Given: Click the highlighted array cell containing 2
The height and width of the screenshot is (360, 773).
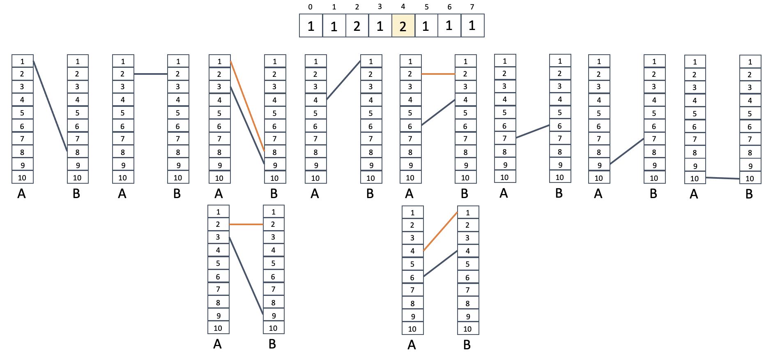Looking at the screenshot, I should pyautogui.click(x=403, y=26).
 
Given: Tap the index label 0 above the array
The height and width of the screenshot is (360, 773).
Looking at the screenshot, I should pyautogui.click(x=310, y=7).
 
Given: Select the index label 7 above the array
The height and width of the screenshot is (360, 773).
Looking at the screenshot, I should pyautogui.click(x=472, y=7).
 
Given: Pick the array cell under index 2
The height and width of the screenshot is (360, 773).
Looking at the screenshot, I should pyautogui.click(x=357, y=26).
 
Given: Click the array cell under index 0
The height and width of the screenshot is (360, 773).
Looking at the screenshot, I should pyautogui.click(x=311, y=26).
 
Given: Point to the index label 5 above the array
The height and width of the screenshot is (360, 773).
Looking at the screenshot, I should pyautogui.click(x=426, y=7).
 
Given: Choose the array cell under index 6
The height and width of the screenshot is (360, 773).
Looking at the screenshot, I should pyautogui.click(x=449, y=26).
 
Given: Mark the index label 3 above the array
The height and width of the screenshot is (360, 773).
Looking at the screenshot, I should pyautogui.click(x=380, y=7).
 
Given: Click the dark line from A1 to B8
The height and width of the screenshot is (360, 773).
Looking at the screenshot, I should pyautogui.click(x=50, y=106).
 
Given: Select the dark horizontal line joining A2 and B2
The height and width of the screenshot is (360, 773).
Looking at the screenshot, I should pyautogui.click(x=151, y=74).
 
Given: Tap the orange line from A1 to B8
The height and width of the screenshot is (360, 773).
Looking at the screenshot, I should pyautogui.click(x=248, y=106).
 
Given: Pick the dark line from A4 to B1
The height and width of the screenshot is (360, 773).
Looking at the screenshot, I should pyautogui.click(x=343, y=80).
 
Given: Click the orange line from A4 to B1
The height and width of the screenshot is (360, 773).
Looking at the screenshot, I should pyautogui.click(x=440, y=231).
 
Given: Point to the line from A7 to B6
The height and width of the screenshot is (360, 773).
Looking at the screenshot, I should pyautogui.click(x=533, y=131).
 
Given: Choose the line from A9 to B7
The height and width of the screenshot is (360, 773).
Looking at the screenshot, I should pyautogui.click(x=627, y=151).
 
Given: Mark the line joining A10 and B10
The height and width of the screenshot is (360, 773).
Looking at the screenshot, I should pyautogui.click(x=723, y=178).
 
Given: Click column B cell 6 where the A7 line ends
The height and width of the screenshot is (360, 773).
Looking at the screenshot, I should pyautogui.click(x=560, y=126).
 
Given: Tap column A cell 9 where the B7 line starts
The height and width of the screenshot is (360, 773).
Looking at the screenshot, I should pyautogui.click(x=599, y=165).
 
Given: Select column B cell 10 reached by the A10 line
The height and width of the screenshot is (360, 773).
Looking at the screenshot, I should pyautogui.click(x=750, y=178).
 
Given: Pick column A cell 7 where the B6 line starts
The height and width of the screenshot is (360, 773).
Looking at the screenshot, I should pyautogui.click(x=505, y=138).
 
